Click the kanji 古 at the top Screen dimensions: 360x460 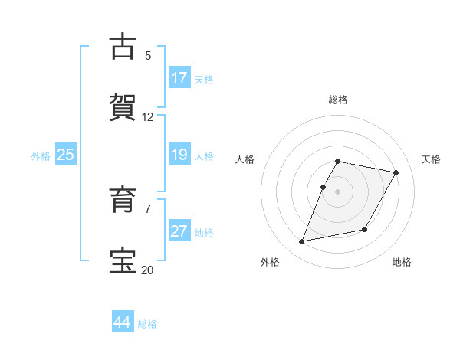(123, 47)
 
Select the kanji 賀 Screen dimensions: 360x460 (123, 107)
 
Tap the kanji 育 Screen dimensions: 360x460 (123, 200)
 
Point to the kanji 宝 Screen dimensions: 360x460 (123, 260)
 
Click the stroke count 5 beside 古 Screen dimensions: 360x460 (148, 55)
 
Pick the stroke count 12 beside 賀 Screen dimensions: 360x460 (148, 116)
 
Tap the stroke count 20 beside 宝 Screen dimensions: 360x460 (148, 269)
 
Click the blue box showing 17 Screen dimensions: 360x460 (179, 78)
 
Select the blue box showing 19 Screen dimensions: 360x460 (179, 155)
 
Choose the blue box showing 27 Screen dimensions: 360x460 (179, 231)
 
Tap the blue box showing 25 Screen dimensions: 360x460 (65, 155)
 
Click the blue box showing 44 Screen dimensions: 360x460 (123, 322)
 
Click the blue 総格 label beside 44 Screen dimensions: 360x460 (148, 324)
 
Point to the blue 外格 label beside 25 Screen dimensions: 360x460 (41, 156)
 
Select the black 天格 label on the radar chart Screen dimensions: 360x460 (432, 159)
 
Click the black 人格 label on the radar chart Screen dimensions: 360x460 (245, 159)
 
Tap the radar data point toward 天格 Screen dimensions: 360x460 (396, 172)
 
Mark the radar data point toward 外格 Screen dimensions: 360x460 (302, 242)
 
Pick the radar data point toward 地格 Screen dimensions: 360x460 (365, 230)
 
